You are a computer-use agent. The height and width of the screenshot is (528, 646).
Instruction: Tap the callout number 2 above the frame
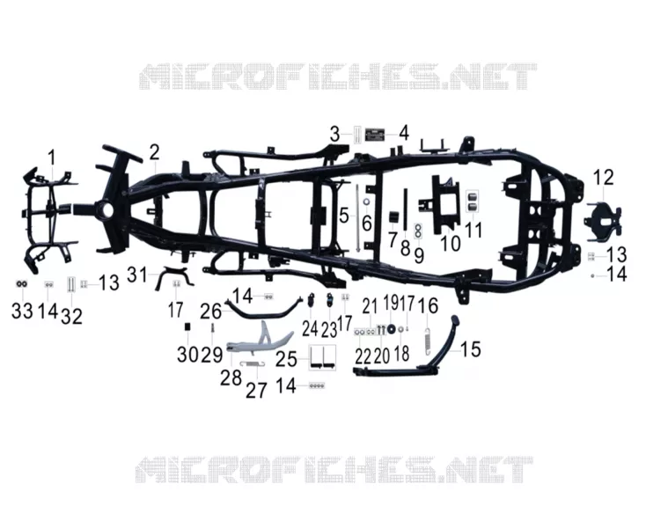[x=154, y=152]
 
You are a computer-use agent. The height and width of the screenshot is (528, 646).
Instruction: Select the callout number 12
[x=603, y=177]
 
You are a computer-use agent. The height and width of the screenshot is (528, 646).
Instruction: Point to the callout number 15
[x=471, y=349]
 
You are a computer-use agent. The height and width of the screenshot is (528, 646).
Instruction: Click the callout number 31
[x=137, y=275]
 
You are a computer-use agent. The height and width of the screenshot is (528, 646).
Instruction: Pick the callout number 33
[x=22, y=311]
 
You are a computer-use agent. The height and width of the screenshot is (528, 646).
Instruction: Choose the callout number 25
[x=286, y=359]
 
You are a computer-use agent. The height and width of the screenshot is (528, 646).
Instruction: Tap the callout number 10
[x=451, y=244]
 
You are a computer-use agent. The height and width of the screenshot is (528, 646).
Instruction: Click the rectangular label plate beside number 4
[x=375, y=135]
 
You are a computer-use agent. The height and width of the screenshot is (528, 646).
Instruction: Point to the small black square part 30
[x=187, y=326]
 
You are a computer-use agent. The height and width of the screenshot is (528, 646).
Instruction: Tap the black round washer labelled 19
[x=391, y=329]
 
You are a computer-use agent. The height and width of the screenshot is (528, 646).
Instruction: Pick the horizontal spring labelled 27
[x=252, y=363]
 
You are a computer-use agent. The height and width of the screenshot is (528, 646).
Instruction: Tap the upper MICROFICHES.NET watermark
[x=338, y=77]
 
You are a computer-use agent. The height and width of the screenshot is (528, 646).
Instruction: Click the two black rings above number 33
[x=21, y=284]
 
